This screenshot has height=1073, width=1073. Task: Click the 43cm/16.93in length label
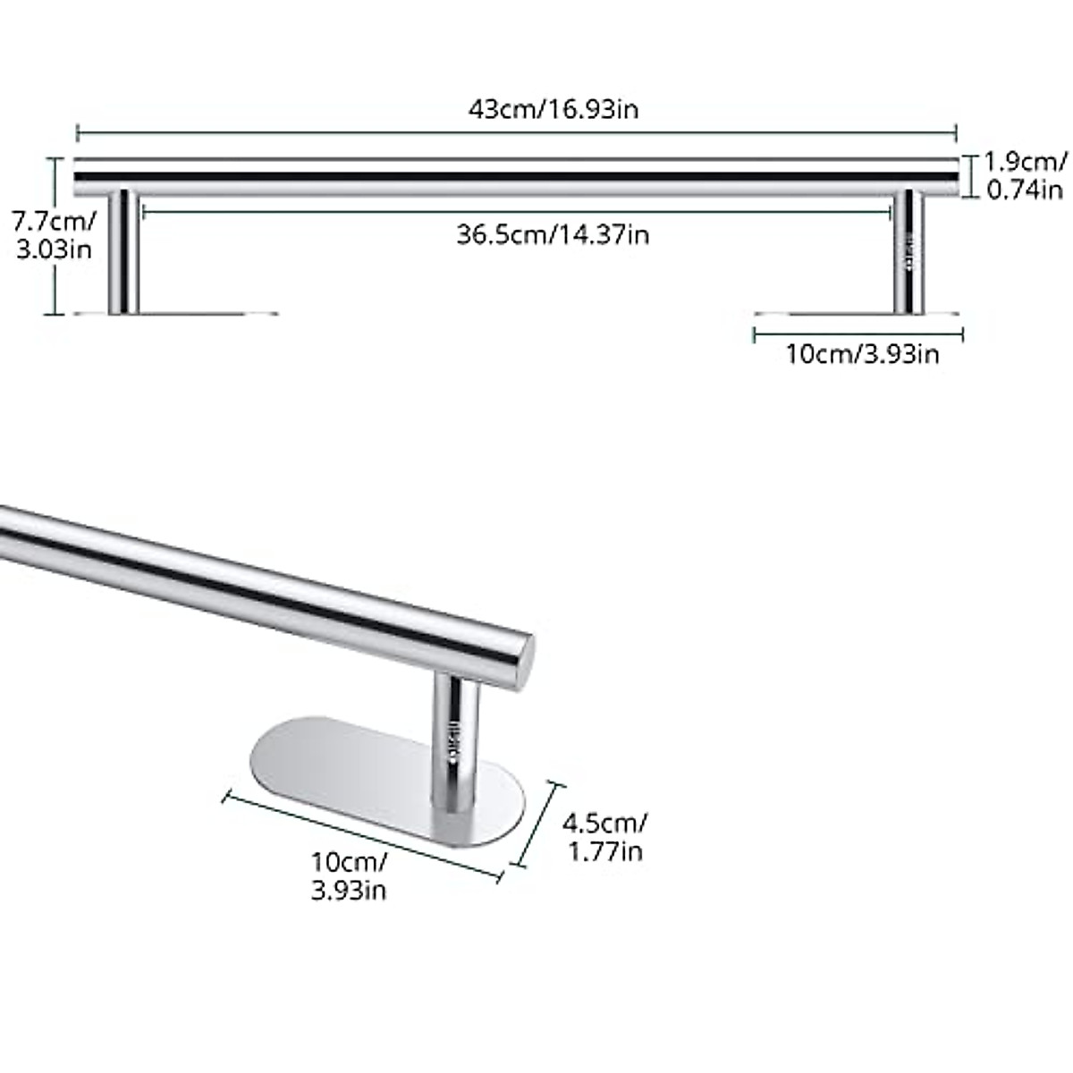click(553, 109)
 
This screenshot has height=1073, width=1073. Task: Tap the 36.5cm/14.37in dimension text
click(553, 234)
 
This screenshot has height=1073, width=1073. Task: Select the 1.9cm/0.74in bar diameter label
click(1025, 175)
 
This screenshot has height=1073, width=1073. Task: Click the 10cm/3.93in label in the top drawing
click(862, 354)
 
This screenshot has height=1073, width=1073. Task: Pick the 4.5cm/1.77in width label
click(606, 836)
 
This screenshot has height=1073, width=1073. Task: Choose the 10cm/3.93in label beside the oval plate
click(349, 876)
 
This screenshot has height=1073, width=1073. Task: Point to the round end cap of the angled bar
click(524, 662)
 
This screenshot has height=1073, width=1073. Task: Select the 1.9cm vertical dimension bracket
click(966, 176)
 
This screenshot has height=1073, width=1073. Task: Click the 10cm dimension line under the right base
click(858, 334)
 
